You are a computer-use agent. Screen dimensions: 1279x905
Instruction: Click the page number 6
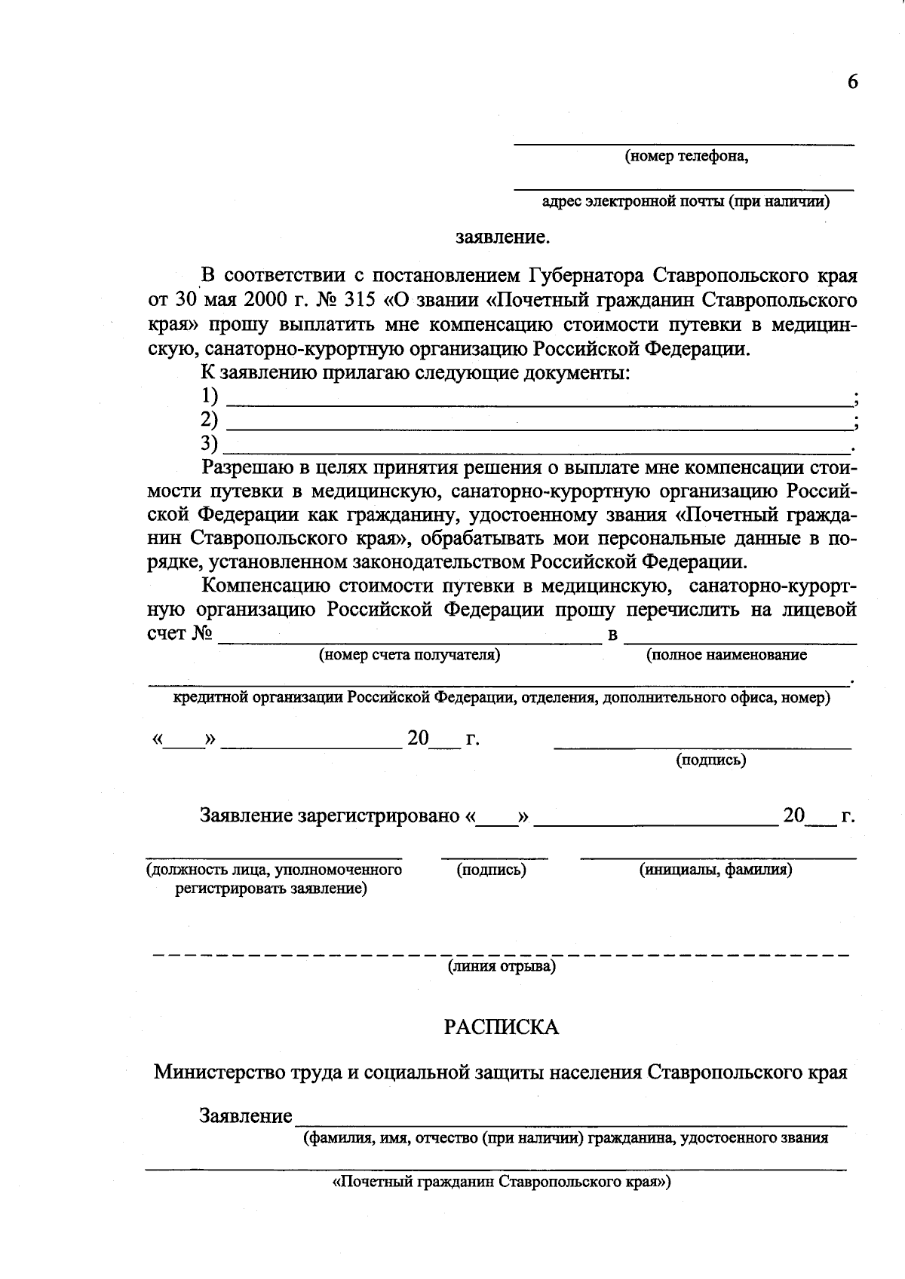pyautogui.click(x=852, y=82)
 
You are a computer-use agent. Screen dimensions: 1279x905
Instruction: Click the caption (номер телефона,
pyautogui.click(x=686, y=157)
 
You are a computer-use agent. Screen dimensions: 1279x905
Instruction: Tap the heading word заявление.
pyautogui.click(x=503, y=238)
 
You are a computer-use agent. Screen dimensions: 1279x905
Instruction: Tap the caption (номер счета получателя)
pyautogui.click(x=410, y=655)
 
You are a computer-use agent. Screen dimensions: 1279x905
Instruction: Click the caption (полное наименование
pyautogui.click(x=726, y=655)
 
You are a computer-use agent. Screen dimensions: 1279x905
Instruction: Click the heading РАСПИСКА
pyautogui.click(x=502, y=1028)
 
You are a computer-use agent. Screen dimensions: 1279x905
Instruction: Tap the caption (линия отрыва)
pyautogui.click(x=502, y=967)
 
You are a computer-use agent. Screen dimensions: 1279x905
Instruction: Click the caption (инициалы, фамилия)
pyautogui.click(x=716, y=870)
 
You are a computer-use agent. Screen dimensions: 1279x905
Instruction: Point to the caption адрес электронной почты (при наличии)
pyautogui.click(x=686, y=201)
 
